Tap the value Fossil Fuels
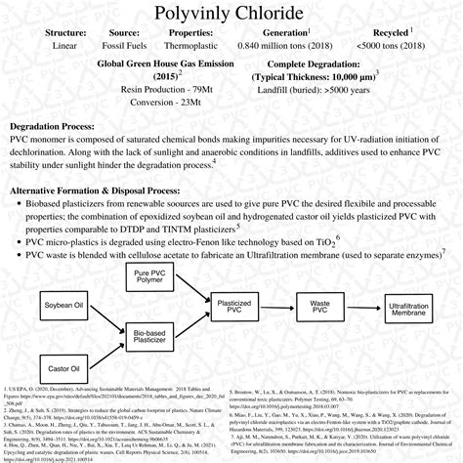click(x=116, y=45)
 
